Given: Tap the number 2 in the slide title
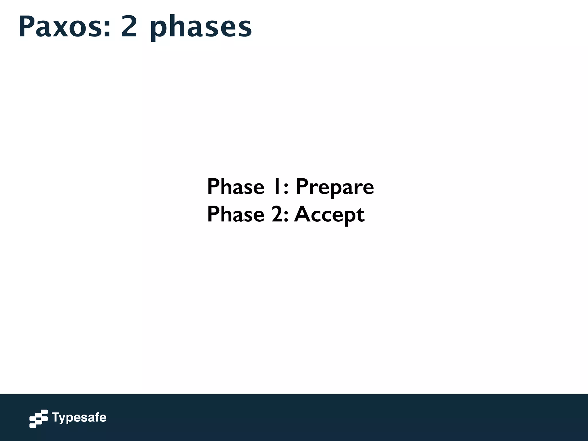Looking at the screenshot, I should (129, 27).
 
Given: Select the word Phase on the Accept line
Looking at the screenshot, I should (235, 214).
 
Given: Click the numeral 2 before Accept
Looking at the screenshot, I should (277, 214).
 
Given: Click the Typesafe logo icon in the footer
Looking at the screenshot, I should (38, 419).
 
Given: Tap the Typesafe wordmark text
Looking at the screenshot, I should (79, 418).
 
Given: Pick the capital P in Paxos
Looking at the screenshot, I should (26, 27).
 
